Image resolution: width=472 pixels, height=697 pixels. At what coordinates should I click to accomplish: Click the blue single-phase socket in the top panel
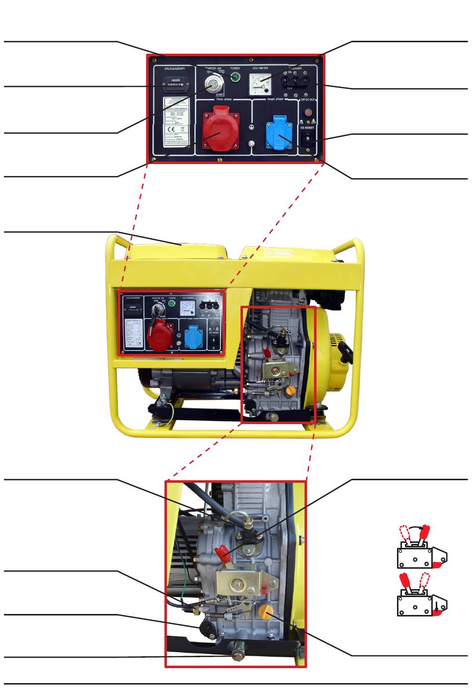pyautogui.click(x=279, y=133)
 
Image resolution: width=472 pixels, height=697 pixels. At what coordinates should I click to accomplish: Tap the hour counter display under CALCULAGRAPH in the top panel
pyautogui.click(x=175, y=85)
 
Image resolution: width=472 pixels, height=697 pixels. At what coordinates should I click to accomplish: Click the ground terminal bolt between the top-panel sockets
pyautogui.click(x=252, y=144)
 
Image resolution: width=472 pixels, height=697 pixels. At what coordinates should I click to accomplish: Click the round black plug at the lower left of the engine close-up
pyautogui.click(x=206, y=628)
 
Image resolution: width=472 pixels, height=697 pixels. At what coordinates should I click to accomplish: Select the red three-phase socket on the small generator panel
pyautogui.click(x=162, y=335)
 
